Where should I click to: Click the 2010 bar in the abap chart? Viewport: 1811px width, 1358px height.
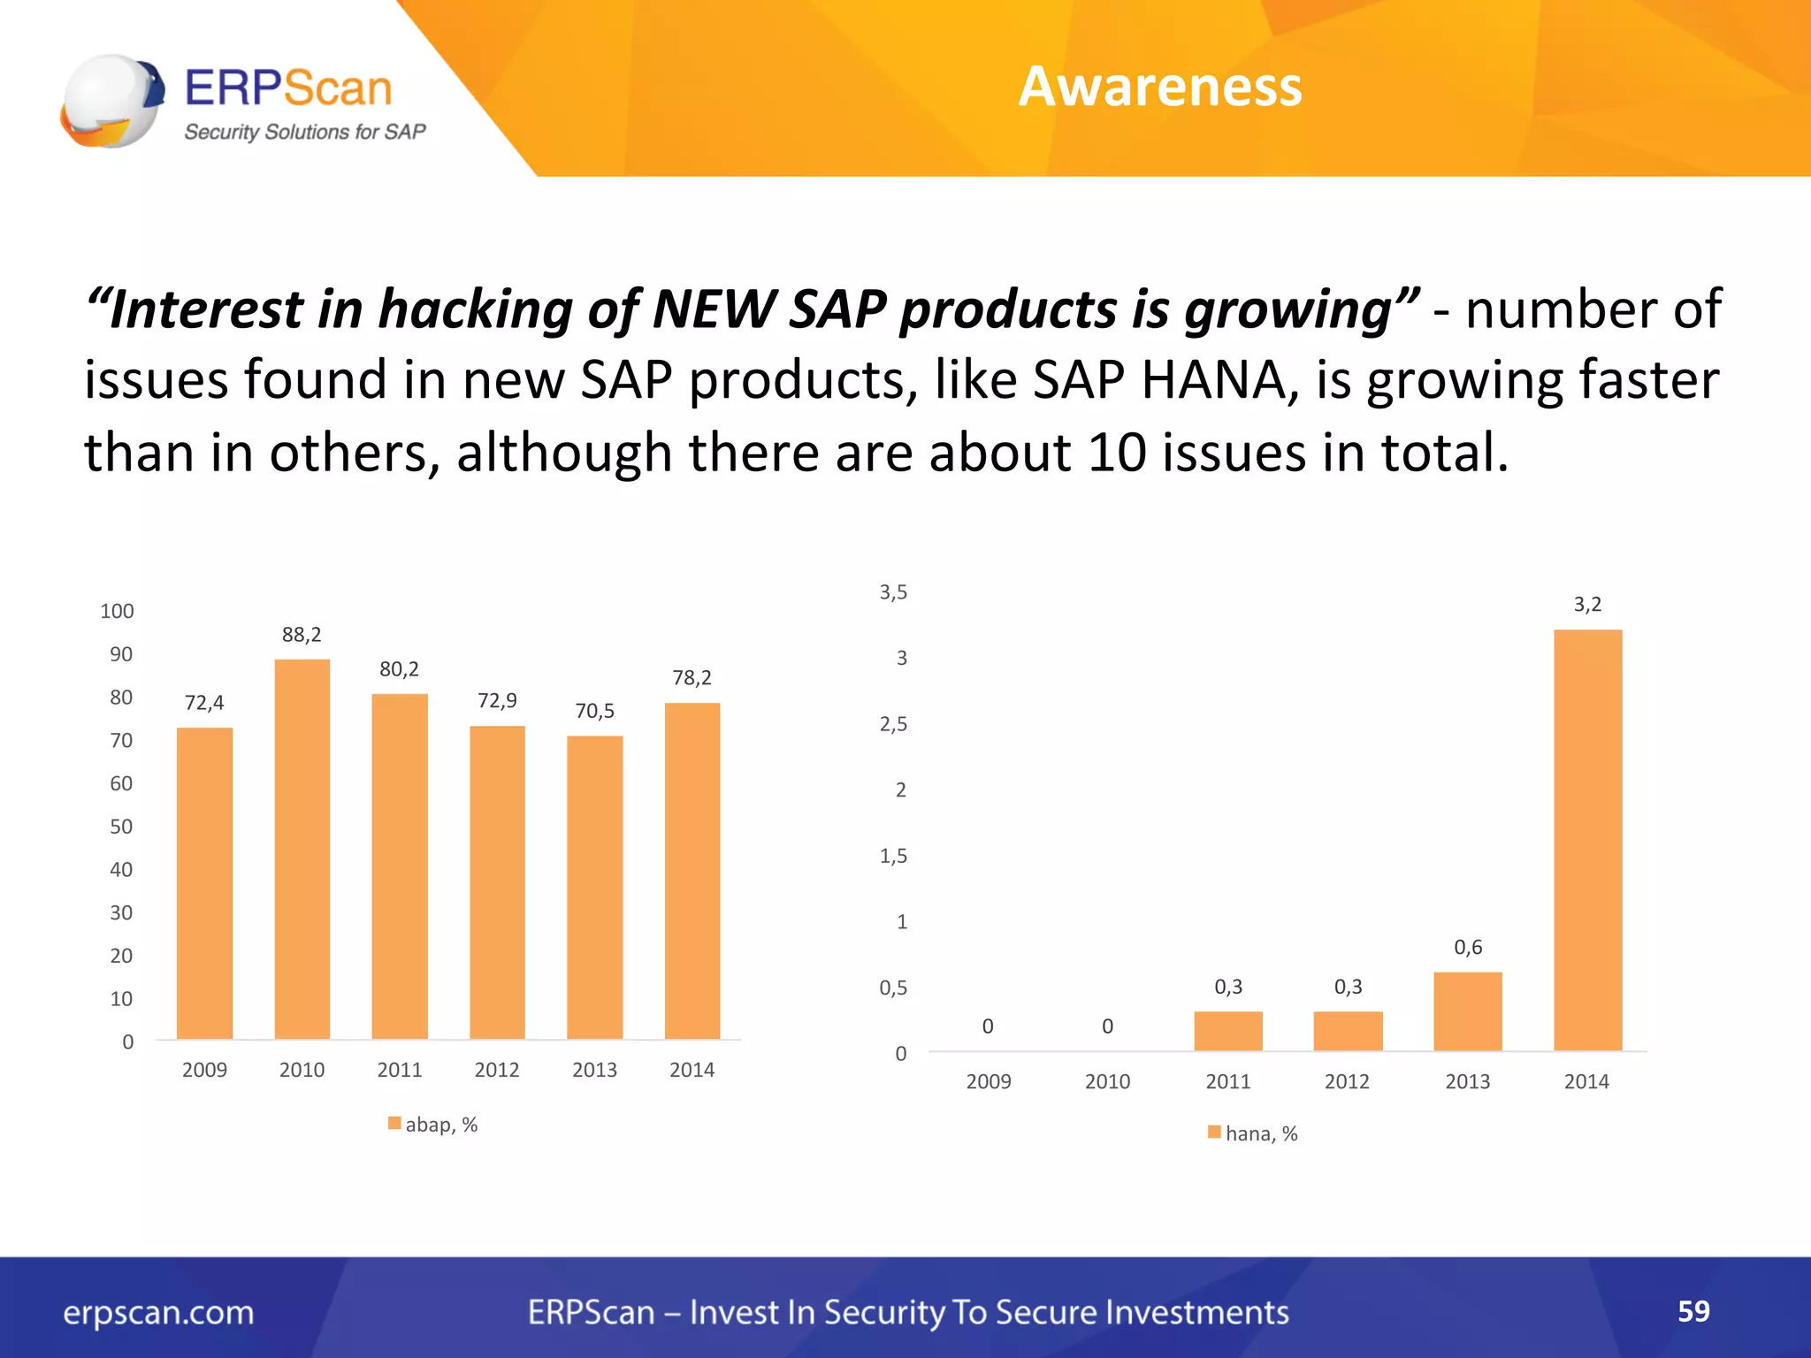(302, 849)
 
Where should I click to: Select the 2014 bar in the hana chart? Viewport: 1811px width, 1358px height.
(1587, 840)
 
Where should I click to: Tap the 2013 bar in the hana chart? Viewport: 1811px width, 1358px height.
(1467, 1011)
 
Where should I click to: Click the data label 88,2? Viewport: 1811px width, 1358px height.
(302, 635)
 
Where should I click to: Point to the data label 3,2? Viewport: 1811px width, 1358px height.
(1587, 605)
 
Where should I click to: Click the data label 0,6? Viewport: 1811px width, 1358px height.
(1468, 948)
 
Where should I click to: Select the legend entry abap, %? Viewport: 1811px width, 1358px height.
(433, 1125)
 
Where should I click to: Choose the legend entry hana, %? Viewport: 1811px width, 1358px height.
(1253, 1133)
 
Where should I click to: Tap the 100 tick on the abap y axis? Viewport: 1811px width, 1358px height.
(117, 611)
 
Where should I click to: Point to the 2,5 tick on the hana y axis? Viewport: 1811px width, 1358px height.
(893, 724)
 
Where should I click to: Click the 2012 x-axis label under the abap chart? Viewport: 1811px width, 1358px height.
(497, 1070)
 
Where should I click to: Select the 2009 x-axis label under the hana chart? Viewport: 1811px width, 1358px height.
(989, 1081)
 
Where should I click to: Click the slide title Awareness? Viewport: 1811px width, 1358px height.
(1160, 87)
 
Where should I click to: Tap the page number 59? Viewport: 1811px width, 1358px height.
(1693, 1311)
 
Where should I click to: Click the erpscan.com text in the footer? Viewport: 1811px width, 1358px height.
(158, 1312)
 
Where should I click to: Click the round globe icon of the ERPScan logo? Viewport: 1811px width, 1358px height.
(111, 100)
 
